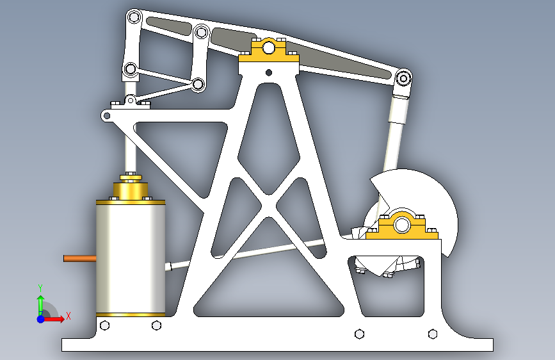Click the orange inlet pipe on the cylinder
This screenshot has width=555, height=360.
click(79, 258)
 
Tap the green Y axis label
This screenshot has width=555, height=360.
click(40, 288)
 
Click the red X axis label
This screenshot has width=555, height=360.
click(68, 316)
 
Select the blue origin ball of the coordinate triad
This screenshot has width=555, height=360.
click(41, 319)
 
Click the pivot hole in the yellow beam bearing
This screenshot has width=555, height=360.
click(269, 47)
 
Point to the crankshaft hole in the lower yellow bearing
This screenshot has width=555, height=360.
click(401, 225)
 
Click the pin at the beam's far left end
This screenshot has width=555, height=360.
click(134, 17)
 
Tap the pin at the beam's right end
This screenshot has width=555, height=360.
click(403, 78)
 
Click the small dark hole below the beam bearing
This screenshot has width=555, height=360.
click(269, 72)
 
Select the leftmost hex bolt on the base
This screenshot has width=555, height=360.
click(105, 325)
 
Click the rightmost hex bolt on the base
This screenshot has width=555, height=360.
click(433, 334)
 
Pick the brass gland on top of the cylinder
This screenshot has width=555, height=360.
click(131, 190)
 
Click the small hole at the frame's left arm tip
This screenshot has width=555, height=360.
click(106, 115)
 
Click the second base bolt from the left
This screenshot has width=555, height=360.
click(156, 325)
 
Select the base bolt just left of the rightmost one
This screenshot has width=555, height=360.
click(359, 334)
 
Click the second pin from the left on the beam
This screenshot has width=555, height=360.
click(202, 33)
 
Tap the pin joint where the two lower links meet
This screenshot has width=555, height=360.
click(198, 85)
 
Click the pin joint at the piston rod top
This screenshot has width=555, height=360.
click(131, 69)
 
